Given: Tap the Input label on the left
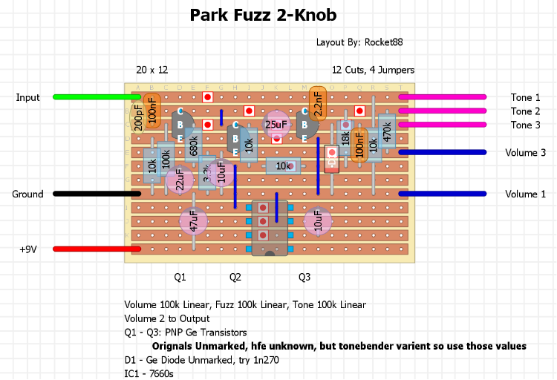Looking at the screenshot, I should pyautogui.click(x=28, y=97).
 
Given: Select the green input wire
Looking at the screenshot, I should pyautogui.click(x=97, y=96).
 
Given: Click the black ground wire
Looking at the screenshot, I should pyautogui.click(x=97, y=194).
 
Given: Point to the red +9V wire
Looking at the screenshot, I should pyautogui.click(x=97, y=249).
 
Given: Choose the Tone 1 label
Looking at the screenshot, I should pyautogui.click(x=526, y=97).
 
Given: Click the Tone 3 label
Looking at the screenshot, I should pyautogui.click(x=526, y=125).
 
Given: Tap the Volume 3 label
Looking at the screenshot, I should pyautogui.click(x=526, y=152).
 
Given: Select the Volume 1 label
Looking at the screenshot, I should pyautogui.click(x=526, y=194).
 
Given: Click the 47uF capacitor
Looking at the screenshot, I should pyautogui.click(x=194, y=221).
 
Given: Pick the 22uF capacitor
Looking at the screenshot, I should pyautogui.click(x=179, y=180).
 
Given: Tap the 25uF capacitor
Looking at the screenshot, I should pyautogui.click(x=276, y=125).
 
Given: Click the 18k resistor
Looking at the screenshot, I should pyautogui.click(x=345, y=138).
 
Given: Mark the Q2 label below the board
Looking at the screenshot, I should pyautogui.click(x=235, y=277).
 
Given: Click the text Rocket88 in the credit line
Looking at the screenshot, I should pyautogui.click(x=384, y=42).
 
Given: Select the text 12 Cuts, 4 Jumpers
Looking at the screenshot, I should pyautogui.click(x=373, y=70).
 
